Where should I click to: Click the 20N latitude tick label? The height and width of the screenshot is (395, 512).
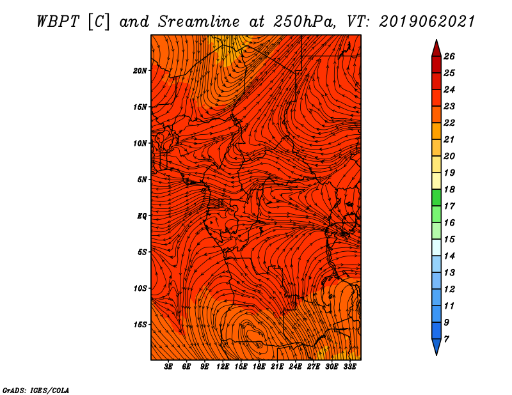coord(140,71)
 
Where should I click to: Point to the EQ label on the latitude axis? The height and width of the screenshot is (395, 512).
coord(141,216)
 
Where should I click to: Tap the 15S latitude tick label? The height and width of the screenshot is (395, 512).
coord(140,325)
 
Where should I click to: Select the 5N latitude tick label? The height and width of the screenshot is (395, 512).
coord(142,180)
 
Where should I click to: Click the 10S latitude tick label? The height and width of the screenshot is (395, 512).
coord(140,288)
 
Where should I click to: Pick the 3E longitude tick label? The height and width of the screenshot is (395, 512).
coord(168,367)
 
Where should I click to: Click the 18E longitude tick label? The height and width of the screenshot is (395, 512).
coord(259,367)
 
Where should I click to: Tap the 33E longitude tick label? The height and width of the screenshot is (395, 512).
coord(349,367)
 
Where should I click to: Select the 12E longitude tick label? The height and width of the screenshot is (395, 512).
coord(223,367)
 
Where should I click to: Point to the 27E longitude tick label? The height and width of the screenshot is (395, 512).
coord(314,367)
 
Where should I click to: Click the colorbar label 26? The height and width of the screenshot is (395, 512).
coord(449,56)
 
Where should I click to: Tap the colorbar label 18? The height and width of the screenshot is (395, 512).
coord(449,189)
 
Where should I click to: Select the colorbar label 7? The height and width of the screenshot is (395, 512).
coord(446,339)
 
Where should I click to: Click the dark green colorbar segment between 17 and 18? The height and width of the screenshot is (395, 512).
coord(436,197)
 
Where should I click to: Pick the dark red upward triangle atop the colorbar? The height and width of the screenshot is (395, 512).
coord(436,49)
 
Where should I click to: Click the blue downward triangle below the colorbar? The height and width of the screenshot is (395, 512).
coord(436,346)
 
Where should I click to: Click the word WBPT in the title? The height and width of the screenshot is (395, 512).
coord(58,22)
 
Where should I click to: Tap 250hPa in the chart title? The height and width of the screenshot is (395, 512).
coord(305,22)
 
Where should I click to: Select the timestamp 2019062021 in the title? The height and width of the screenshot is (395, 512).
coord(427,22)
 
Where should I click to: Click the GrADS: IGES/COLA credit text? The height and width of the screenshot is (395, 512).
coord(36,391)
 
